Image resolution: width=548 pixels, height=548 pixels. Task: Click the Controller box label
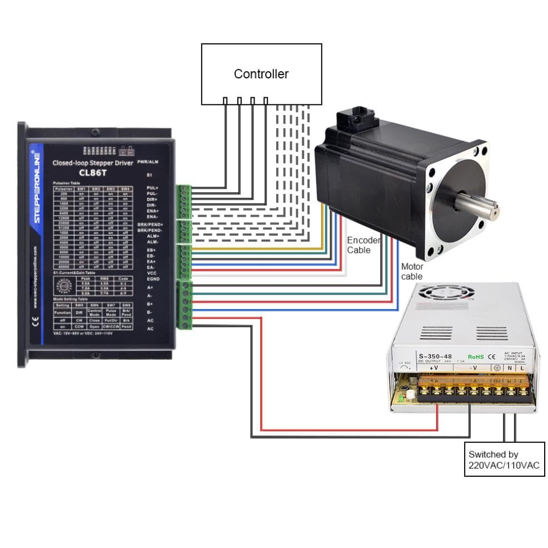pyautogui.click(x=261, y=74)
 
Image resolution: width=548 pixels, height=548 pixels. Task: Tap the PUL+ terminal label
pyautogui.click(x=152, y=189)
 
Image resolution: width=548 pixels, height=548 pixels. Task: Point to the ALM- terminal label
pyautogui.click(x=152, y=242)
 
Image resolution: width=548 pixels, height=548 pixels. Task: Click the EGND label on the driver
pyautogui.click(x=153, y=279)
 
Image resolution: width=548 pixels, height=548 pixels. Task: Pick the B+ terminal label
pyautogui.click(x=150, y=304)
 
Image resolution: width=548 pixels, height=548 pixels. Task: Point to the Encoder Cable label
pyautogui.click(x=364, y=245)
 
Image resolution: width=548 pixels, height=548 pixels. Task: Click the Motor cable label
pyautogui.click(x=412, y=272)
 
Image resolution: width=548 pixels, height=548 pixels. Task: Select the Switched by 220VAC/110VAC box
pyautogui.click(x=504, y=460)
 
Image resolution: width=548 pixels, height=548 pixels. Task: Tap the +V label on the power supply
pyautogui.click(x=434, y=367)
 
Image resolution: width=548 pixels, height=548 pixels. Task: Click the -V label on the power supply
pyautogui.click(x=474, y=367)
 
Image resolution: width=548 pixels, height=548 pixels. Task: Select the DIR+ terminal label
pyautogui.click(x=152, y=199)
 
